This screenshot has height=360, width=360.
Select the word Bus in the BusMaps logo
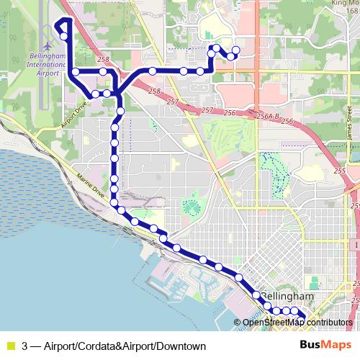(310, 344)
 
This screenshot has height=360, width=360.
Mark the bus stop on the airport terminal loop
(63, 36)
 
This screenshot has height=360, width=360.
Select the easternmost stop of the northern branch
(235, 50)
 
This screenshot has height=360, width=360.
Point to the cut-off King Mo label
(344, 3)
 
